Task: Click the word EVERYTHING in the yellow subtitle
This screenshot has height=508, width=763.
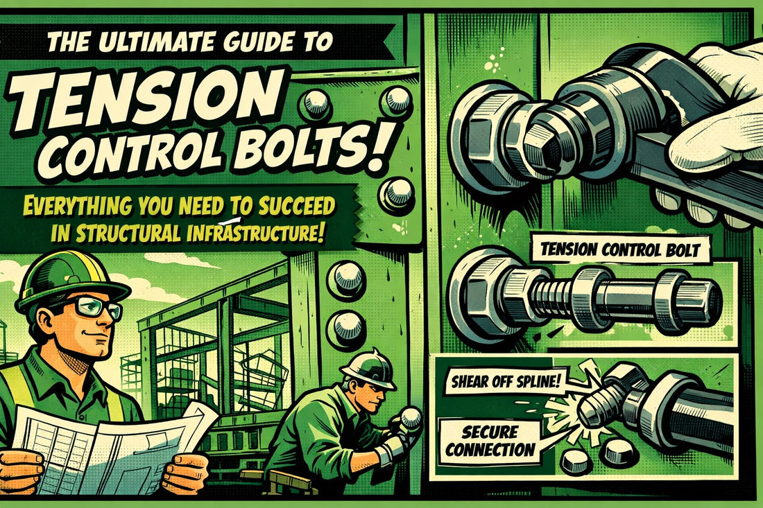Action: tap(77, 206)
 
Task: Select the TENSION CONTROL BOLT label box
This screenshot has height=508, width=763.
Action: tap(620, 250)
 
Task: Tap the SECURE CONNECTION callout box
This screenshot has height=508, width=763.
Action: tap(490, 441)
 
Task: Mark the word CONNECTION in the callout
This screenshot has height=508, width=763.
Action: tap(490, 449)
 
